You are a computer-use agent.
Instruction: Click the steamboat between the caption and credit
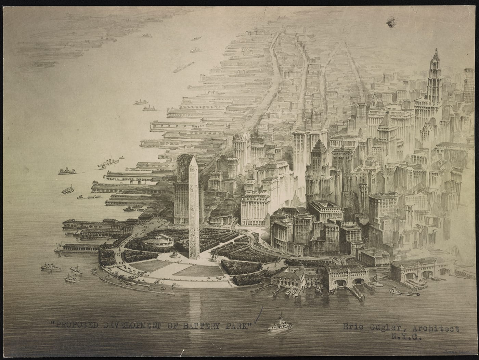click(x=280, y=325)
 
